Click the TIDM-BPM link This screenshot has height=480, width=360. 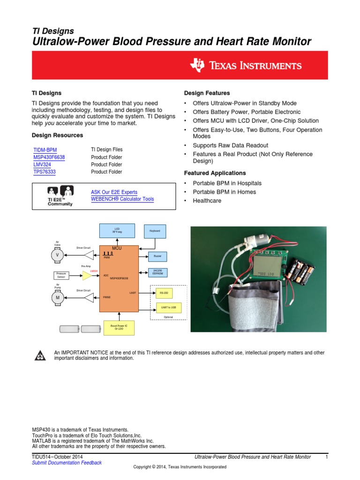[45, 150]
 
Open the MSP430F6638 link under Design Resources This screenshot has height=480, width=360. [49, 157]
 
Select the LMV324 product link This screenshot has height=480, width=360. [42, 165]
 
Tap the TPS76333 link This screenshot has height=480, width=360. [45, 172]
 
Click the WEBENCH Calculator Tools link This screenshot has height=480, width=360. [122, 199]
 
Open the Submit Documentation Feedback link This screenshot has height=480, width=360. [67, 463]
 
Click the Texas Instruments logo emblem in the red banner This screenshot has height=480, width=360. [197, 65]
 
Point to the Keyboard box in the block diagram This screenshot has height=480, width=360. [155, 231]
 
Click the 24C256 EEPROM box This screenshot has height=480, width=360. [157, 272]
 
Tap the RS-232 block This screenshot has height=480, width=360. [164, 293]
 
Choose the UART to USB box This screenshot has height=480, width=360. [168, 307]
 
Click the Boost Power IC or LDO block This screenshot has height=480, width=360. [119, 327]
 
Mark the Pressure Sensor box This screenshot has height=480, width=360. [61, 275]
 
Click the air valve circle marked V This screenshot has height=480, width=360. [58, 255]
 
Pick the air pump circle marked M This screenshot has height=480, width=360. [58, 298]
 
